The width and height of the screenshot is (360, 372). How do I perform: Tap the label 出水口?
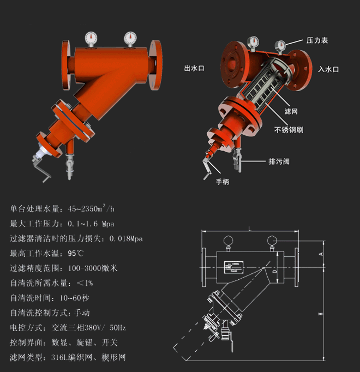click(194, 69)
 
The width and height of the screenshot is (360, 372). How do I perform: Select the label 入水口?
click(329, 69)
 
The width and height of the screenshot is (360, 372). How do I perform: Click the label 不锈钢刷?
click(289, 130)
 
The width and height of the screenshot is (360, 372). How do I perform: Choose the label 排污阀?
click(278, 161)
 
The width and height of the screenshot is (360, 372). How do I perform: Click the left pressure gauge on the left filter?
click(90, 38)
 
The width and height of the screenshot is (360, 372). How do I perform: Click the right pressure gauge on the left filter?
click(130, 37)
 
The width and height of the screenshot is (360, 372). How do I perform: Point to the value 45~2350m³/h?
click(91, 208)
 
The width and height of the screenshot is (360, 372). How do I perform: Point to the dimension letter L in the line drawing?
click(249, 229)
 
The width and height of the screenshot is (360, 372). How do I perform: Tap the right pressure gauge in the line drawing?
click(271, 241)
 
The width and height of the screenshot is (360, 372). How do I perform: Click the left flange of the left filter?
click(67, 64)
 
